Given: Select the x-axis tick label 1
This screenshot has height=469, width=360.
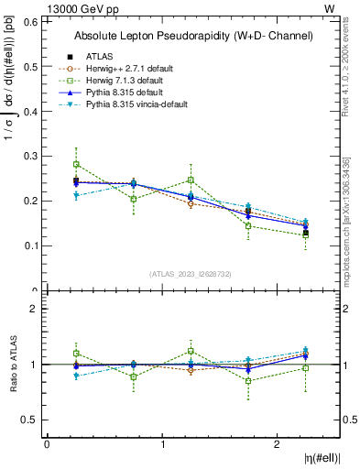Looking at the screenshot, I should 163,444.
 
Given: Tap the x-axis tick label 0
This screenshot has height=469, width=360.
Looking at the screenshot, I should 47,444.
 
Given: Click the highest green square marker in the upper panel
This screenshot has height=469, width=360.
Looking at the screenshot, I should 76,165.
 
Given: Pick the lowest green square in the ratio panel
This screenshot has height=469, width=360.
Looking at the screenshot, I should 248,381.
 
